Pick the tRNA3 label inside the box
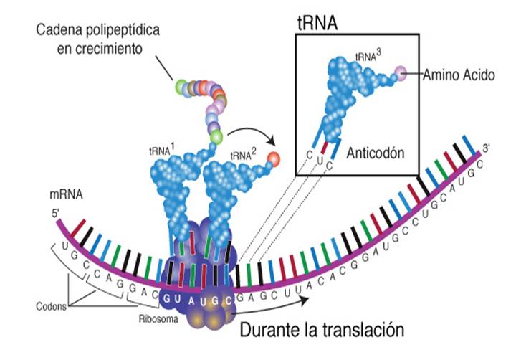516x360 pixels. [x=365, y=57]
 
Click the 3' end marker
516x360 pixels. [x=485, y=148]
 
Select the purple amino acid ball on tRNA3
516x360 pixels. [x=401, y=72]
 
